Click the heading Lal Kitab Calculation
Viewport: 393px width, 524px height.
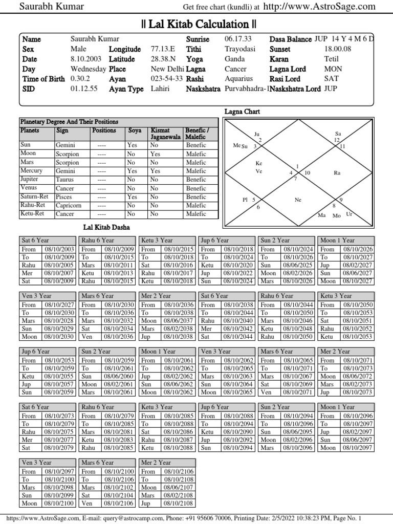point(199,24)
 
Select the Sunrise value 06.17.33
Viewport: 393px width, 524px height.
point(238,39)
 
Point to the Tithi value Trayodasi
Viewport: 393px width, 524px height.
point(239,49)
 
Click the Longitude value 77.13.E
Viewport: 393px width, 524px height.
point(163,49)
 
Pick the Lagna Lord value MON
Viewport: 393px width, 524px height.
point(333,69)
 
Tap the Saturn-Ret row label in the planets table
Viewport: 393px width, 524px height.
point(35,197)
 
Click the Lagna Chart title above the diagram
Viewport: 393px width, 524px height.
point(243,111)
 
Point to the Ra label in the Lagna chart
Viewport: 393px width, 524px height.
point(337,173)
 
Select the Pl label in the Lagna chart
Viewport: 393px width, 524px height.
point(245,200)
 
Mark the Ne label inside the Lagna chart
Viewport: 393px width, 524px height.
point(298,200)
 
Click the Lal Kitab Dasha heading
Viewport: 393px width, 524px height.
point(106,227)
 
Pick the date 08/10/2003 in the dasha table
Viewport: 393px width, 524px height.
point(59,249)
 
